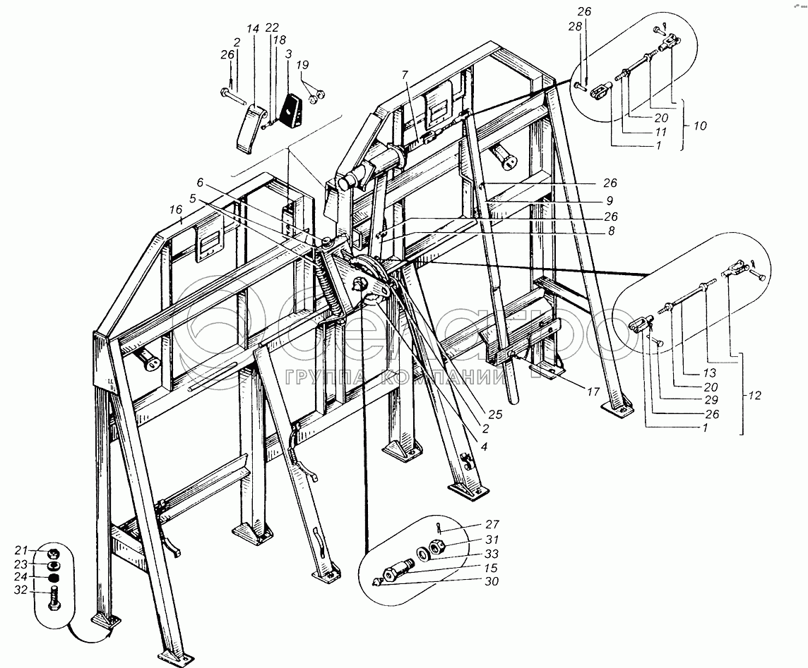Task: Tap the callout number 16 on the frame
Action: point(176,209)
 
